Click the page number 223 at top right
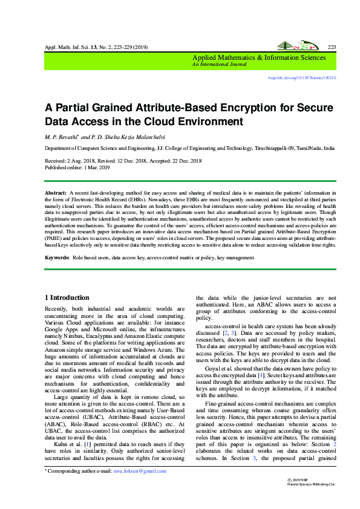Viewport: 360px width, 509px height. click(x=331, y=47)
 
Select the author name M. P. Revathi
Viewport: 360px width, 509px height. click(x=62, y=137)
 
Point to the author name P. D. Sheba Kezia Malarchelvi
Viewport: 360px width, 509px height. click(x=120, y=137)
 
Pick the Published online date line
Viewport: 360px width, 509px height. click(x=77, y=167)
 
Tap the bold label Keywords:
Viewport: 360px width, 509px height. click(x=57, y=258)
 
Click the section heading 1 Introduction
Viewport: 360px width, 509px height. click(x=68, y=297)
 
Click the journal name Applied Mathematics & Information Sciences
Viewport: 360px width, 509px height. click(x=258, y=57)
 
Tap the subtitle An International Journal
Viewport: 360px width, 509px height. click(x=214, y=64)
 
